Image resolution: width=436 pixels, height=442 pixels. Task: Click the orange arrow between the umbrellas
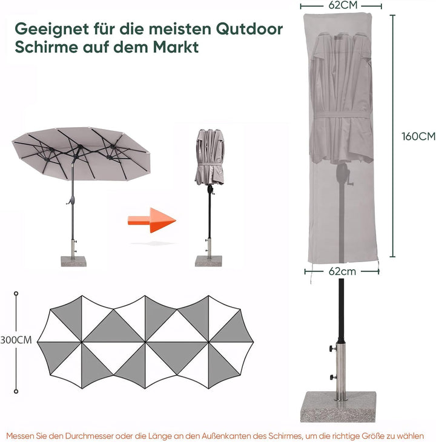[150, 220]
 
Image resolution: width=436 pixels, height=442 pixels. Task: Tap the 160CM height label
[418, 136]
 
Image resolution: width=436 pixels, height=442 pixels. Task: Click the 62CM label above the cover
[342, 5]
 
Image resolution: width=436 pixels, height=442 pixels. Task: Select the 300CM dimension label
[16, 340]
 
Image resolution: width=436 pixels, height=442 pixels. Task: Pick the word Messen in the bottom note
[23, 435]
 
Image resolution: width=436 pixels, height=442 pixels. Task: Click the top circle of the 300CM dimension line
[16, 294]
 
